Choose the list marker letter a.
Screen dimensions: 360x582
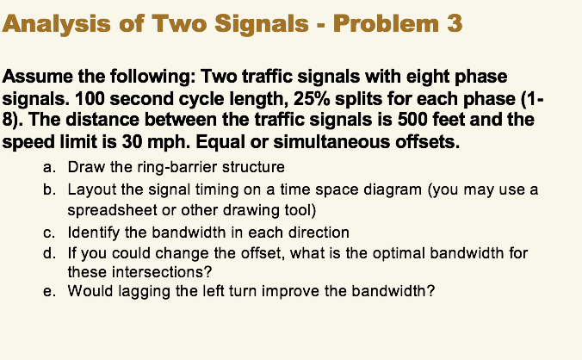[49, 167]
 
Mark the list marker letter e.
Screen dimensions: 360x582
[49, 292]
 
